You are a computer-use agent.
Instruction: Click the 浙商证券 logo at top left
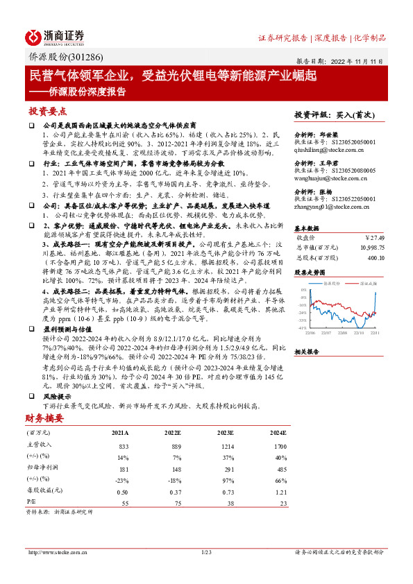tap(55, 36)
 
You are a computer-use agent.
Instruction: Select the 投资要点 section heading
tap(47, 111)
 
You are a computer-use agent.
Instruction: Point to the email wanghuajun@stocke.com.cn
tap(335, 177)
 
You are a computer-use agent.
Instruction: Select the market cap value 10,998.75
tap(370, 248)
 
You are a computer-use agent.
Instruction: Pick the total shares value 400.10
tap(376, 257)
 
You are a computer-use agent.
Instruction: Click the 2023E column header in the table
tap(224, 433)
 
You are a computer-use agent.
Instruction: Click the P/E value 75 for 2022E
tap(176, 501)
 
